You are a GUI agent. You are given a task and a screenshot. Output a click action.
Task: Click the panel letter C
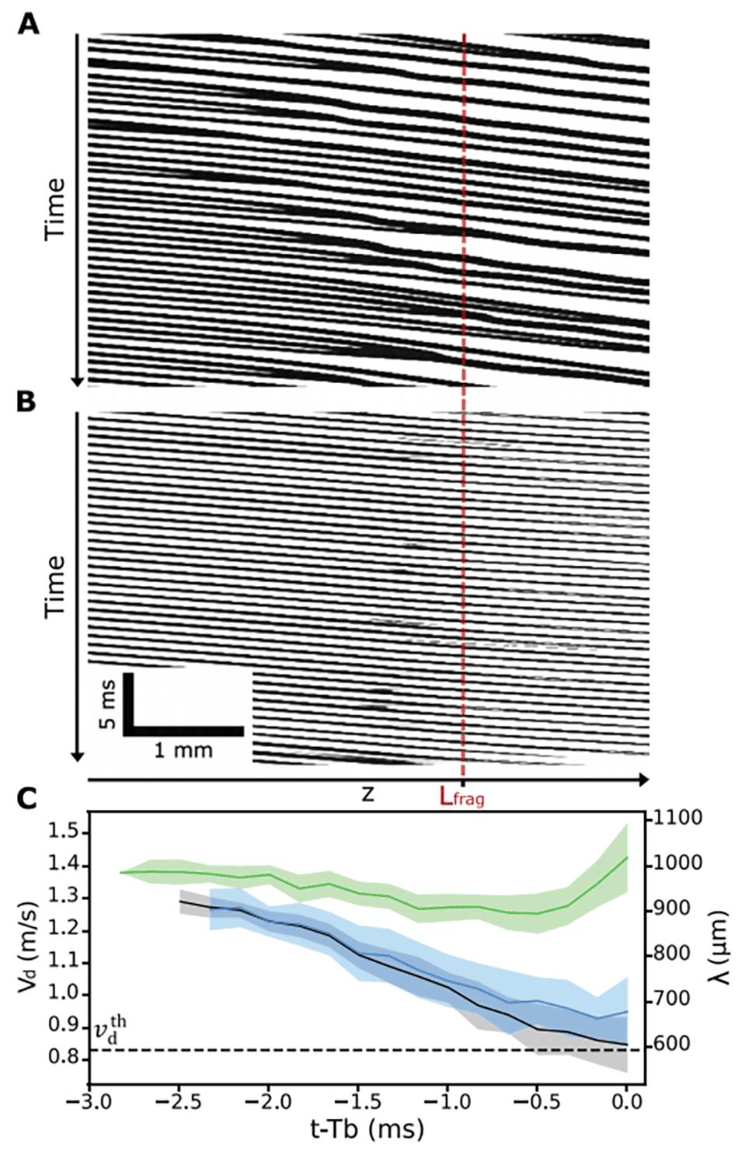[x=27, y=798]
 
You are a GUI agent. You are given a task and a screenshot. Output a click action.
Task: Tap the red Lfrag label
[x=462, y=797]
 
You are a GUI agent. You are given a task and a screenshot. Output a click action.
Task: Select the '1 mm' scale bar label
[x=183, y=750]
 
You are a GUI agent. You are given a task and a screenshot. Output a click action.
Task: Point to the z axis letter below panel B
[x=368, y=794]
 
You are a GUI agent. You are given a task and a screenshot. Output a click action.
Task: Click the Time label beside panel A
[x=54, y=208]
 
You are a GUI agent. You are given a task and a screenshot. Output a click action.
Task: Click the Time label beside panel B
[x=54, y=586]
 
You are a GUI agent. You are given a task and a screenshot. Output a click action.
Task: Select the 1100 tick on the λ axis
[x=678, y=818]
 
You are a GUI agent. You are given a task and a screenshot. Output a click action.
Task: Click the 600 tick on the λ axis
[x=673, y=1044]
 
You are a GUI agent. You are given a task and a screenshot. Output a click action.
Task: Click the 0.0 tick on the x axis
[x=627, y=1101]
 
